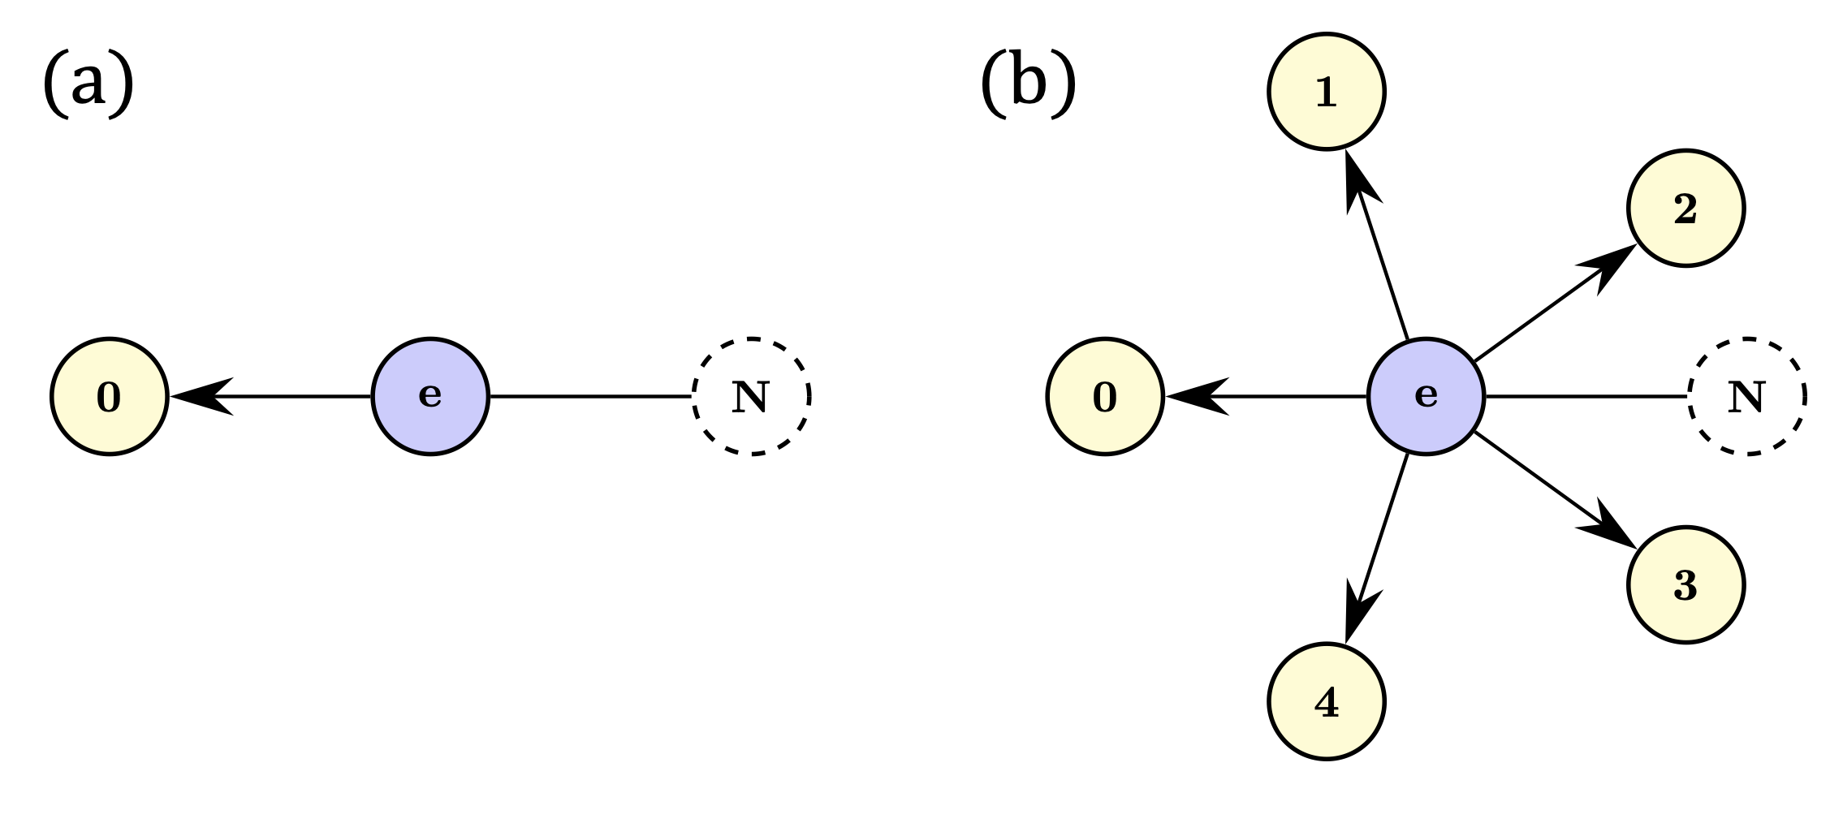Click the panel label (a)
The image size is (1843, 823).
[88, 84]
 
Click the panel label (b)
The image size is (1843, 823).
[1028, 84]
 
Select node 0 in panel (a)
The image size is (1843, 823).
[109, 396]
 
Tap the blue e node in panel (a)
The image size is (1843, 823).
[430, 396]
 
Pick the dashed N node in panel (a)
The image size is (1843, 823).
[751, 396]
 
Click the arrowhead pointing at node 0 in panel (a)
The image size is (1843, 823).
[199, 396]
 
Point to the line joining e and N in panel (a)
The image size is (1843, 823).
[590, 396]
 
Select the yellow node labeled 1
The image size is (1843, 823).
[1326, 91]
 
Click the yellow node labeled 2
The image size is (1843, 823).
[1685, 209]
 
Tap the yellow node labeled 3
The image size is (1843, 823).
[1685, 584]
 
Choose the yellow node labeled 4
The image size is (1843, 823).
[1326, 701]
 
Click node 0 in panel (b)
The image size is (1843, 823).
[1104, 396]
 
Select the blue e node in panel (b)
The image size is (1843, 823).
[1426, 396]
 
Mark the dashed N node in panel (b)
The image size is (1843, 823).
[1746, 396]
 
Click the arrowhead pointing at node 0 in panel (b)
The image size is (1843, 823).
[1195, 396]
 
